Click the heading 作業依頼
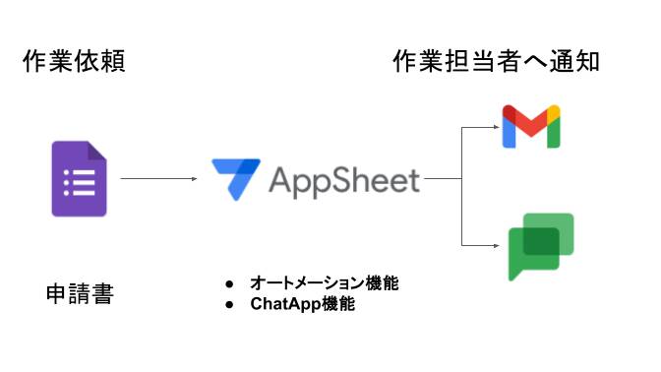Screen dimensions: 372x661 (x=74, y=62)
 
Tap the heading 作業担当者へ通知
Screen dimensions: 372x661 (x=496, y=62)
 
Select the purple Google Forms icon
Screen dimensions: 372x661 (x=79, y=179)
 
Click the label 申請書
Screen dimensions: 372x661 (x=80, y=293)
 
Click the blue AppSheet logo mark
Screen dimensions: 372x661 (x=237, y=178)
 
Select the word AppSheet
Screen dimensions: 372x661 (x=343, y=180)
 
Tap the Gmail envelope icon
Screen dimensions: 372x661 (x=531, y=125)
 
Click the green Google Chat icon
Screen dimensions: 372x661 (x=540, y=246)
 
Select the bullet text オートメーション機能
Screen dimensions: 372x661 (x=325, y=283)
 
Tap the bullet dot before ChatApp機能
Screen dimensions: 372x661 (x=229, y=305)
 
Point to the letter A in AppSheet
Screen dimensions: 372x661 (x=279, y=180)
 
